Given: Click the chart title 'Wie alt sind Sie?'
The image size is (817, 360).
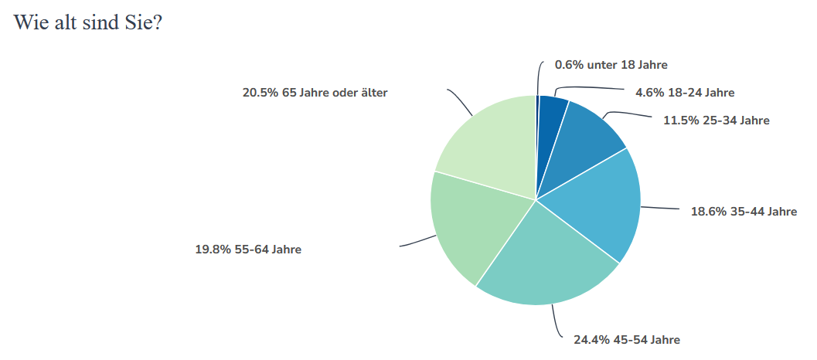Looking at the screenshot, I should tap(87, 22).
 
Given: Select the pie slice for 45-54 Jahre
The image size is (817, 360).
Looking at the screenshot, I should tap(549, 263).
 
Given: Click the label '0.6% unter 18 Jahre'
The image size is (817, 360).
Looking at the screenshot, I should tap(611, 65).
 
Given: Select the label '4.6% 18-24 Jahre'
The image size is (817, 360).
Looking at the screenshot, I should tap(684, 93).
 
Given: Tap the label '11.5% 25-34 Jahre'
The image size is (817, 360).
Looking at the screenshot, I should tap(716, 120).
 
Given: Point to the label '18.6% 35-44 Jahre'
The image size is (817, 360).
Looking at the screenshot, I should tap(743, 211).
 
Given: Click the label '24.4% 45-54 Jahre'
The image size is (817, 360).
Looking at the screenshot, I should tap(626, 339).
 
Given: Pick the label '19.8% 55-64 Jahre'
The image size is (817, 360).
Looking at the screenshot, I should tap(248, 250).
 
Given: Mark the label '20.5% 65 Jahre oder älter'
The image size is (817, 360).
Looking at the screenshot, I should tap(315, 93).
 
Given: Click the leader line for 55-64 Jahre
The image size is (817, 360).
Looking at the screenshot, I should tap(417, 242).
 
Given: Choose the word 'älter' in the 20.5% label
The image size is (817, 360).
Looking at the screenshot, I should tap(373, 93).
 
